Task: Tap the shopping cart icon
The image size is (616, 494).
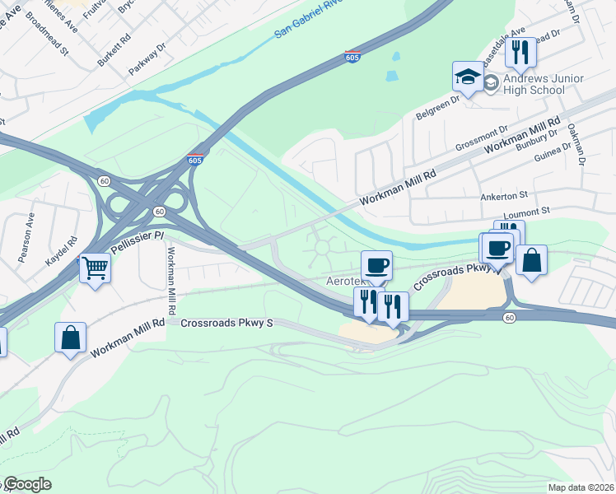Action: (x=96, y=267)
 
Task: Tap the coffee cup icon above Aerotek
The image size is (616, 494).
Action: (x=376, y=265)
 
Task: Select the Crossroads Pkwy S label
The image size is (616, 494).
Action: (x=226, y=324)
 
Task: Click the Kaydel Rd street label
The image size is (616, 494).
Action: (x=61, y=250)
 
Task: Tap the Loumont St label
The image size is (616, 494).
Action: (x=525, y=212)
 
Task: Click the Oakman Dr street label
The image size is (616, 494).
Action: (x=577, y=146)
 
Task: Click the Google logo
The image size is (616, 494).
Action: (x=26, y=484)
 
